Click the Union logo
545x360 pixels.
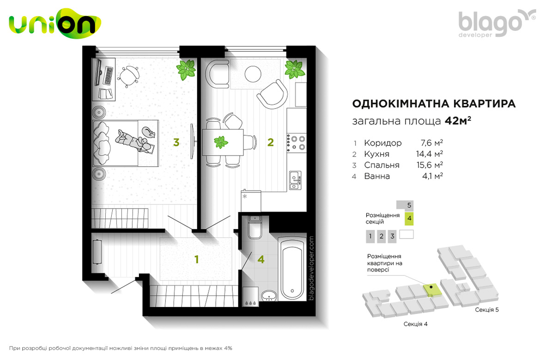[x=54, y=24]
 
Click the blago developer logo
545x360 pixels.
[x=497, y=23]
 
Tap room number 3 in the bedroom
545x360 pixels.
[x=176, y=142]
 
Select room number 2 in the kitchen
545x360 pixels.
[x=270, y=142]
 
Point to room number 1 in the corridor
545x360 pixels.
[x=197, y=259]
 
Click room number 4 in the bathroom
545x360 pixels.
[x=260, y=259]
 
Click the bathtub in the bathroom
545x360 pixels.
[x=292, y=268]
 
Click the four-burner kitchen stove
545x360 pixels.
[x=296, y=143]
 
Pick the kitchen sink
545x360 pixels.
[x=295, y=180]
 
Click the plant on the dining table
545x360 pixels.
[x=221, y=142]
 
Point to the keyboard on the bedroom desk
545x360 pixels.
[x=109, y=76]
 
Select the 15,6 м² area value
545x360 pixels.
[x=430, y=165]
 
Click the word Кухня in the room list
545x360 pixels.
[x=377, y=154]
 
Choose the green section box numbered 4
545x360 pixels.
[x=409, y=218]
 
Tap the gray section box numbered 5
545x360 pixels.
[x=405, y=205]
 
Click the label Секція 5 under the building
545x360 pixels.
[x=487, y=310]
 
